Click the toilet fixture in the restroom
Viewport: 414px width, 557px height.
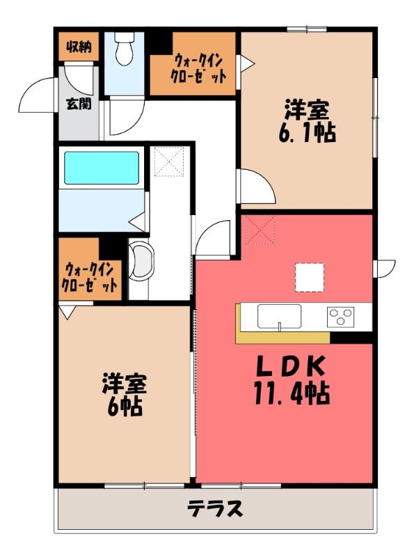click(125, 48)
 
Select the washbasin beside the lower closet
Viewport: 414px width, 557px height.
click(141, 260)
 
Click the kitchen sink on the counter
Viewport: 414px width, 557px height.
click(280, 316)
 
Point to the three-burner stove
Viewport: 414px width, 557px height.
click(341, 317)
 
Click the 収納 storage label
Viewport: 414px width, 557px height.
click(79, 47)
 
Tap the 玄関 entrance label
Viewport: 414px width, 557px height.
click(79, 103)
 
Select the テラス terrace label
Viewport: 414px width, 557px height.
click(215, 508)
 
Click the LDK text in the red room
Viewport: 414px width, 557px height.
click(291, 367)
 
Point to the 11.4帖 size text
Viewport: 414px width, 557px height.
click(292, 393)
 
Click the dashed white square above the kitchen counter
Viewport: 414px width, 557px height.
click(309, 277)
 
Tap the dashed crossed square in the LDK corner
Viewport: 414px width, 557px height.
click(260, 230)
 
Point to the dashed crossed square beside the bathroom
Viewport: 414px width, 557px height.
click(170, 162)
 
